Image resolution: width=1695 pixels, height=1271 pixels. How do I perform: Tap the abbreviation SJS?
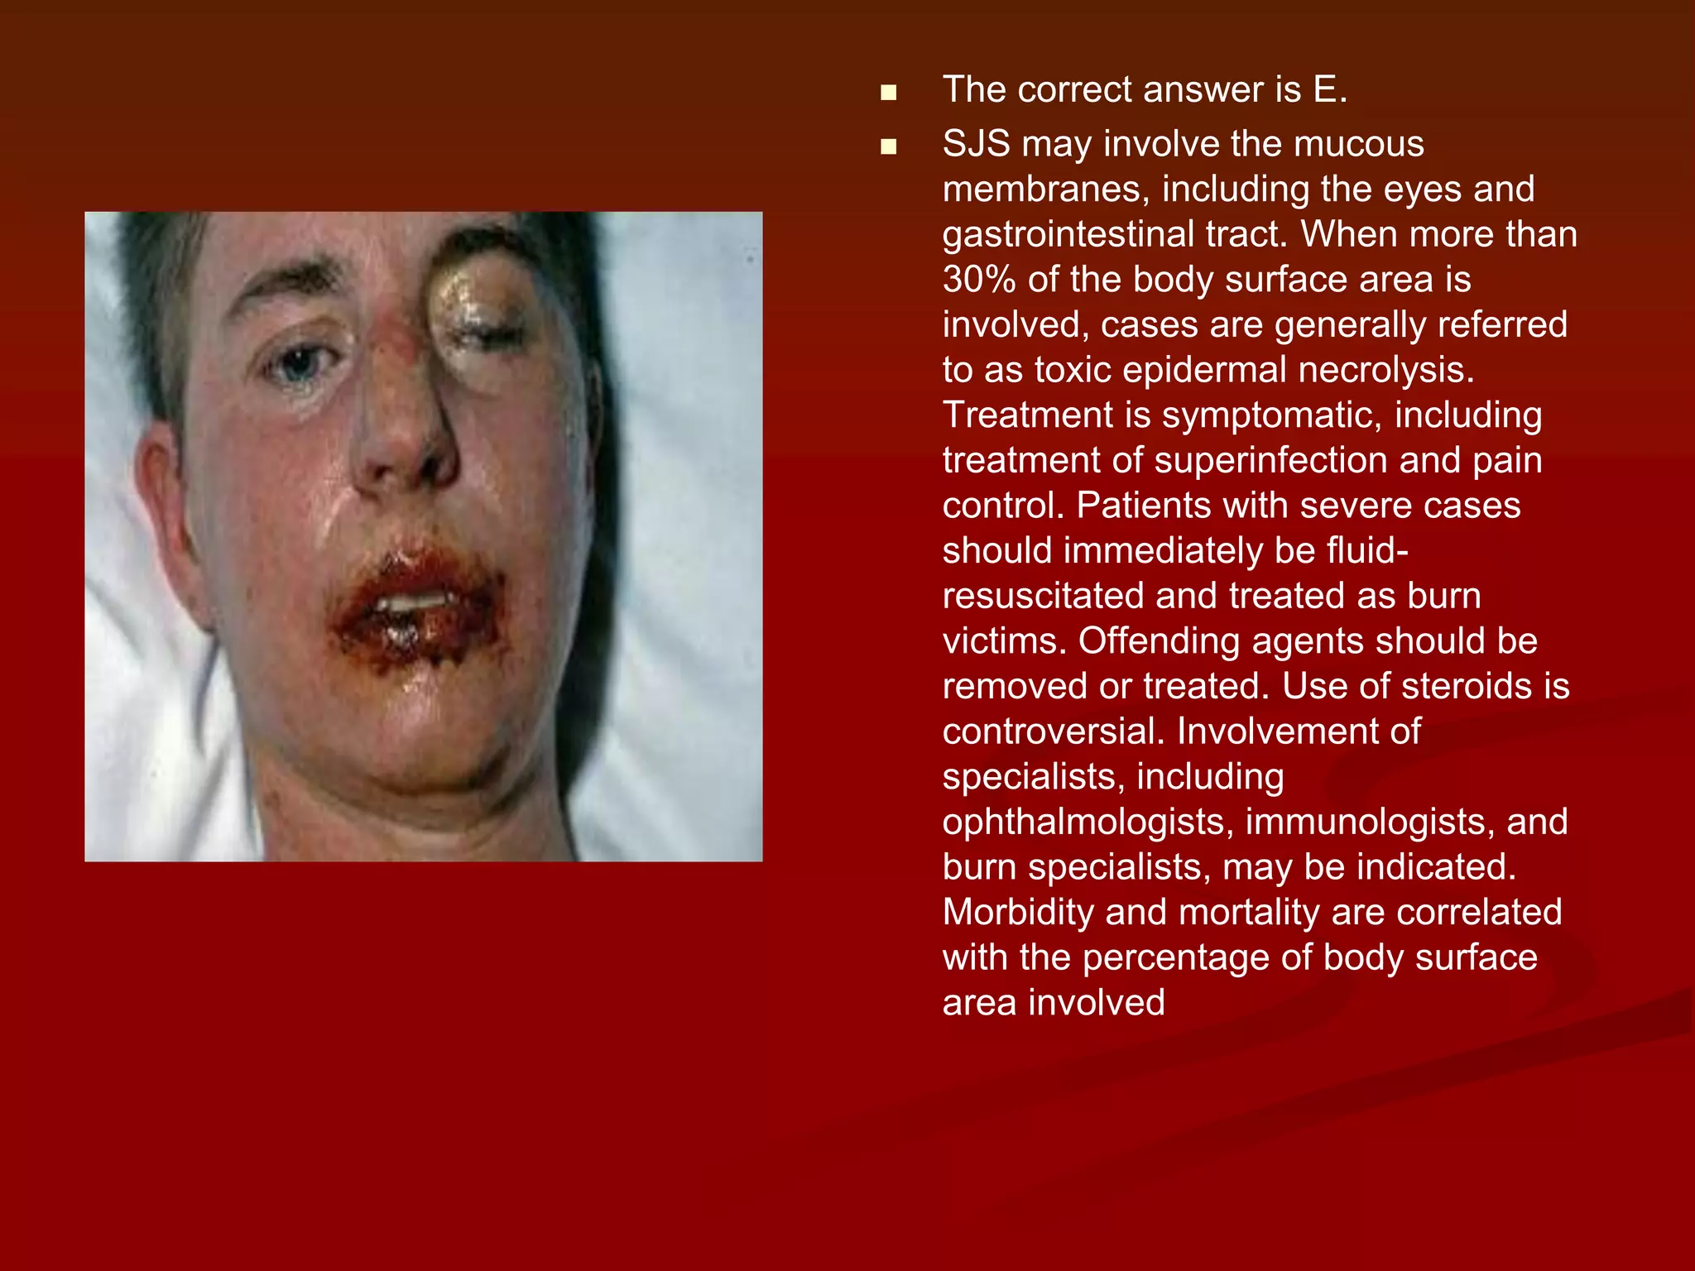[x=976, y=144]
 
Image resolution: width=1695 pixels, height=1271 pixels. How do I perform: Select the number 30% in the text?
[x=979, y=280]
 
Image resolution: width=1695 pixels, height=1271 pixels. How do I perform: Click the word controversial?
[x=1053, y=731]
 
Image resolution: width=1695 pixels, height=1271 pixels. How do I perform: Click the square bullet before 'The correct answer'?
[x=889, y=93]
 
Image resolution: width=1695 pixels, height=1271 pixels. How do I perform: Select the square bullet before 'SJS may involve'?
[x=889, y=147]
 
